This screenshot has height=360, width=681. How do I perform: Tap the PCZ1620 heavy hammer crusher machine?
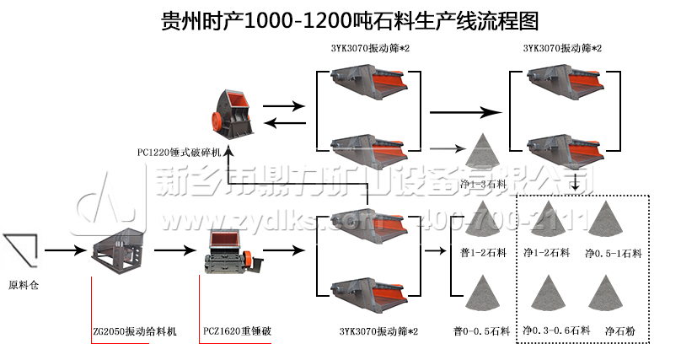click(229, 251)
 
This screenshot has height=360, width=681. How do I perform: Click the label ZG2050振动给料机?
click(135, 330)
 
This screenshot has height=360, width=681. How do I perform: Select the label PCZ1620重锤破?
click(238, 330)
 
